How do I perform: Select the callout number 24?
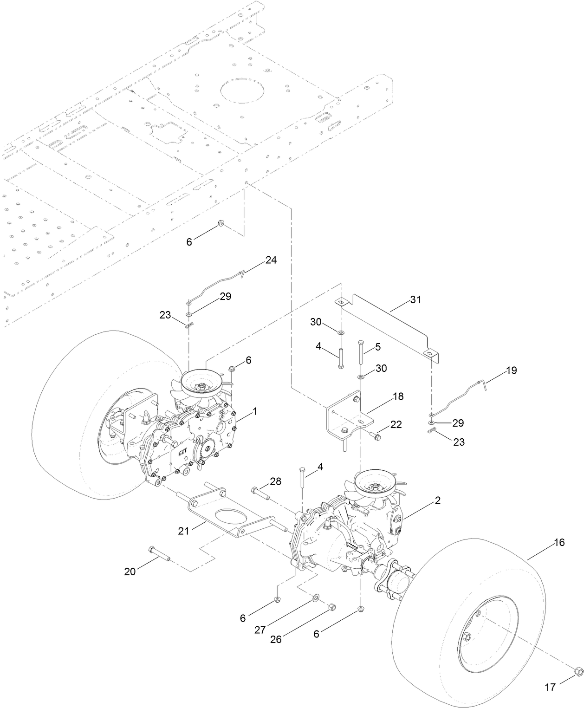[x=271, y=260]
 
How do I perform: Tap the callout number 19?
[x=511, y=370]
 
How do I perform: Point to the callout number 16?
[x=559, y=542]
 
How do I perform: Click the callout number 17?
[x=550, y=687]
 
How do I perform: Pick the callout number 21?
[x=184, y=530]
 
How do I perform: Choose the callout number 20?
[x=130, y=572]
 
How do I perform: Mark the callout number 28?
[x=275, y=481]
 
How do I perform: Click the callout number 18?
[x=397, y=396]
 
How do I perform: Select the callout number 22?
[x=396, y=424]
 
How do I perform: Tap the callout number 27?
[x=260, y=630]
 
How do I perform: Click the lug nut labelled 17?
[x=578, y=670]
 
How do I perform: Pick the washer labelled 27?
[x=316, y=597]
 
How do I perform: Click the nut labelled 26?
[x=331, y=607]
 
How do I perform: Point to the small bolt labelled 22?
[x=376, y=436]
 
